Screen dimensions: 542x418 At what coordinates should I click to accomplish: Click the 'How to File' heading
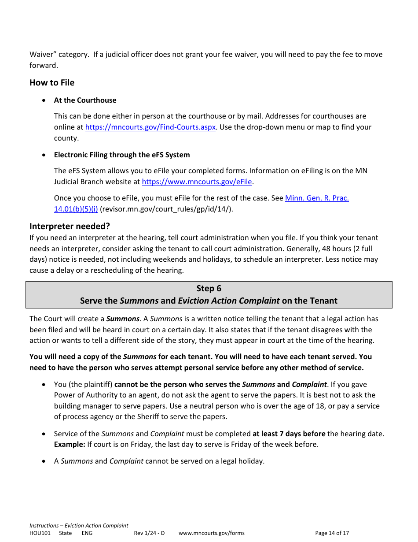[x=52, y=83]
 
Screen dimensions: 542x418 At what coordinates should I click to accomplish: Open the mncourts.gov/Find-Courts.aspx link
[x=150, y=127]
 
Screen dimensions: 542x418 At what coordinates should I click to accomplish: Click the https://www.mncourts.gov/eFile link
[x=197, y=182]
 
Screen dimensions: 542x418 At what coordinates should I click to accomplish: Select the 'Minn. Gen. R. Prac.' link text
[x=317, y=198]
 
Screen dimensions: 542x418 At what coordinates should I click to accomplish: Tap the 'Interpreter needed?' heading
[x=70, y=226]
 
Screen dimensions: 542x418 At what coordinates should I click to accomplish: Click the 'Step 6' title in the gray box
[x=209, y=289]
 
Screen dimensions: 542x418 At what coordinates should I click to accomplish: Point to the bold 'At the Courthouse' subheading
[x=85, y=100]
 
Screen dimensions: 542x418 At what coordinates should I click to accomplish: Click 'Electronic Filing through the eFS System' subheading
[x=122, y=155]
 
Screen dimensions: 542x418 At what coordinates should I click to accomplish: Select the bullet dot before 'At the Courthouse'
[x=44, y=100]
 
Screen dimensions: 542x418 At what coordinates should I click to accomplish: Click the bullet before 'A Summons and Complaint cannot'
[x=44, y=461]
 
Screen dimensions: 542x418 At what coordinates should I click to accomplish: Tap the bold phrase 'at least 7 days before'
[x=289, y=434]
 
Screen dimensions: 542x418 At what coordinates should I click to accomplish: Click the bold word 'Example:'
[x=70, y=445]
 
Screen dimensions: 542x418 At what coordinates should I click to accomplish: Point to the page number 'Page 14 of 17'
[x=332, y=533]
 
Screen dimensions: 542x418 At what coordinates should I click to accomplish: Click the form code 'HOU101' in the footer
[x=40, y=533]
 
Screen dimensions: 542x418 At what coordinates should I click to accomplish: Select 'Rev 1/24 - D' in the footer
[x=149, y=533]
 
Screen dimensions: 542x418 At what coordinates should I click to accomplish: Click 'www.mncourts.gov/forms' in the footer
[x=211, y=533]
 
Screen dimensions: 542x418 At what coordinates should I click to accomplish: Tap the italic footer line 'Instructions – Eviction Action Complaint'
[x=79, y=526]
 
